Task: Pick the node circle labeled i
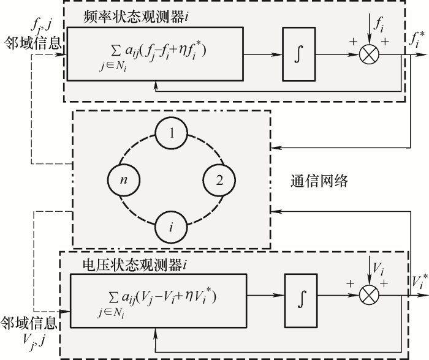coord(171,227)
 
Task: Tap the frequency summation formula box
coord(155,55)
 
